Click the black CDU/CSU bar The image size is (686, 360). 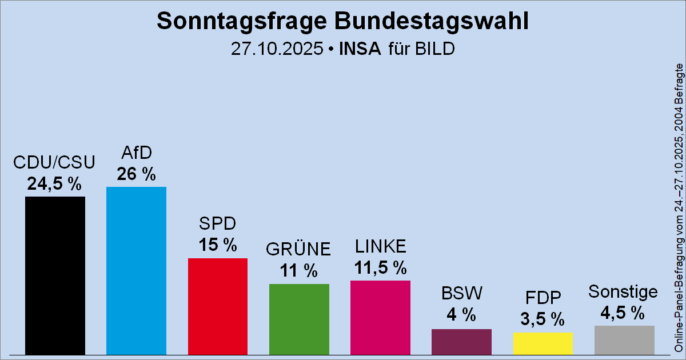[x=55, y=275]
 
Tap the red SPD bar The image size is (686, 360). [x=218, y=306]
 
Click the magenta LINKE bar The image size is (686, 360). [x=380, y=317]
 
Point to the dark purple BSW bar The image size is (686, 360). [x=461, y=341]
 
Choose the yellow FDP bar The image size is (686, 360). [x=543, y=343]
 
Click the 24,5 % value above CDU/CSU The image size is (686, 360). [x=55, y=183]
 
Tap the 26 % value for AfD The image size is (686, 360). [x=136, y=174]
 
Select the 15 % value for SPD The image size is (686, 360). [x=218, y=245]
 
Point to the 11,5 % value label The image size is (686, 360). [x=380, y=267]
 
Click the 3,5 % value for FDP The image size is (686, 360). [x=543, y=319]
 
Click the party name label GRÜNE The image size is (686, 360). [x=299, y=249]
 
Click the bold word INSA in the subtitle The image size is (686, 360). [x=360, y=49]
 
